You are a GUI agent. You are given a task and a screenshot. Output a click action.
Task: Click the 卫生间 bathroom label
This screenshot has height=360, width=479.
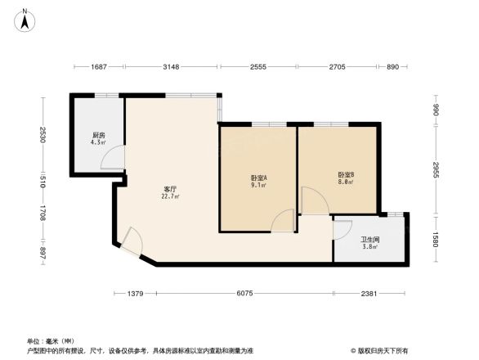pos(369,242)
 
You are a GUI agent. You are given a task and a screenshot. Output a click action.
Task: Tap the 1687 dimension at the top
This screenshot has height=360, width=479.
pos(99,67)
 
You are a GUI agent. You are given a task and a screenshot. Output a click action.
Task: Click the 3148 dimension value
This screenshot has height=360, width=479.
pos(171,67)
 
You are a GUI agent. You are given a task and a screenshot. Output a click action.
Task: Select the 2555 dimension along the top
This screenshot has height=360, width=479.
pos(258,67)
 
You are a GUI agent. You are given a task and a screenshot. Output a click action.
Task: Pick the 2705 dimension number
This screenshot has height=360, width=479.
pos(338,67)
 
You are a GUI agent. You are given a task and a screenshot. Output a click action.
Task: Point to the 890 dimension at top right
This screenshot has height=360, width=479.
pos(392,67)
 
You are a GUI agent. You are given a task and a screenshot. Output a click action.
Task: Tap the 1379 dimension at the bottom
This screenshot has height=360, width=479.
pos(136,293)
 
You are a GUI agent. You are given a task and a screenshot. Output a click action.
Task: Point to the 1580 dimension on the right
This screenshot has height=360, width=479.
pos(436,239)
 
